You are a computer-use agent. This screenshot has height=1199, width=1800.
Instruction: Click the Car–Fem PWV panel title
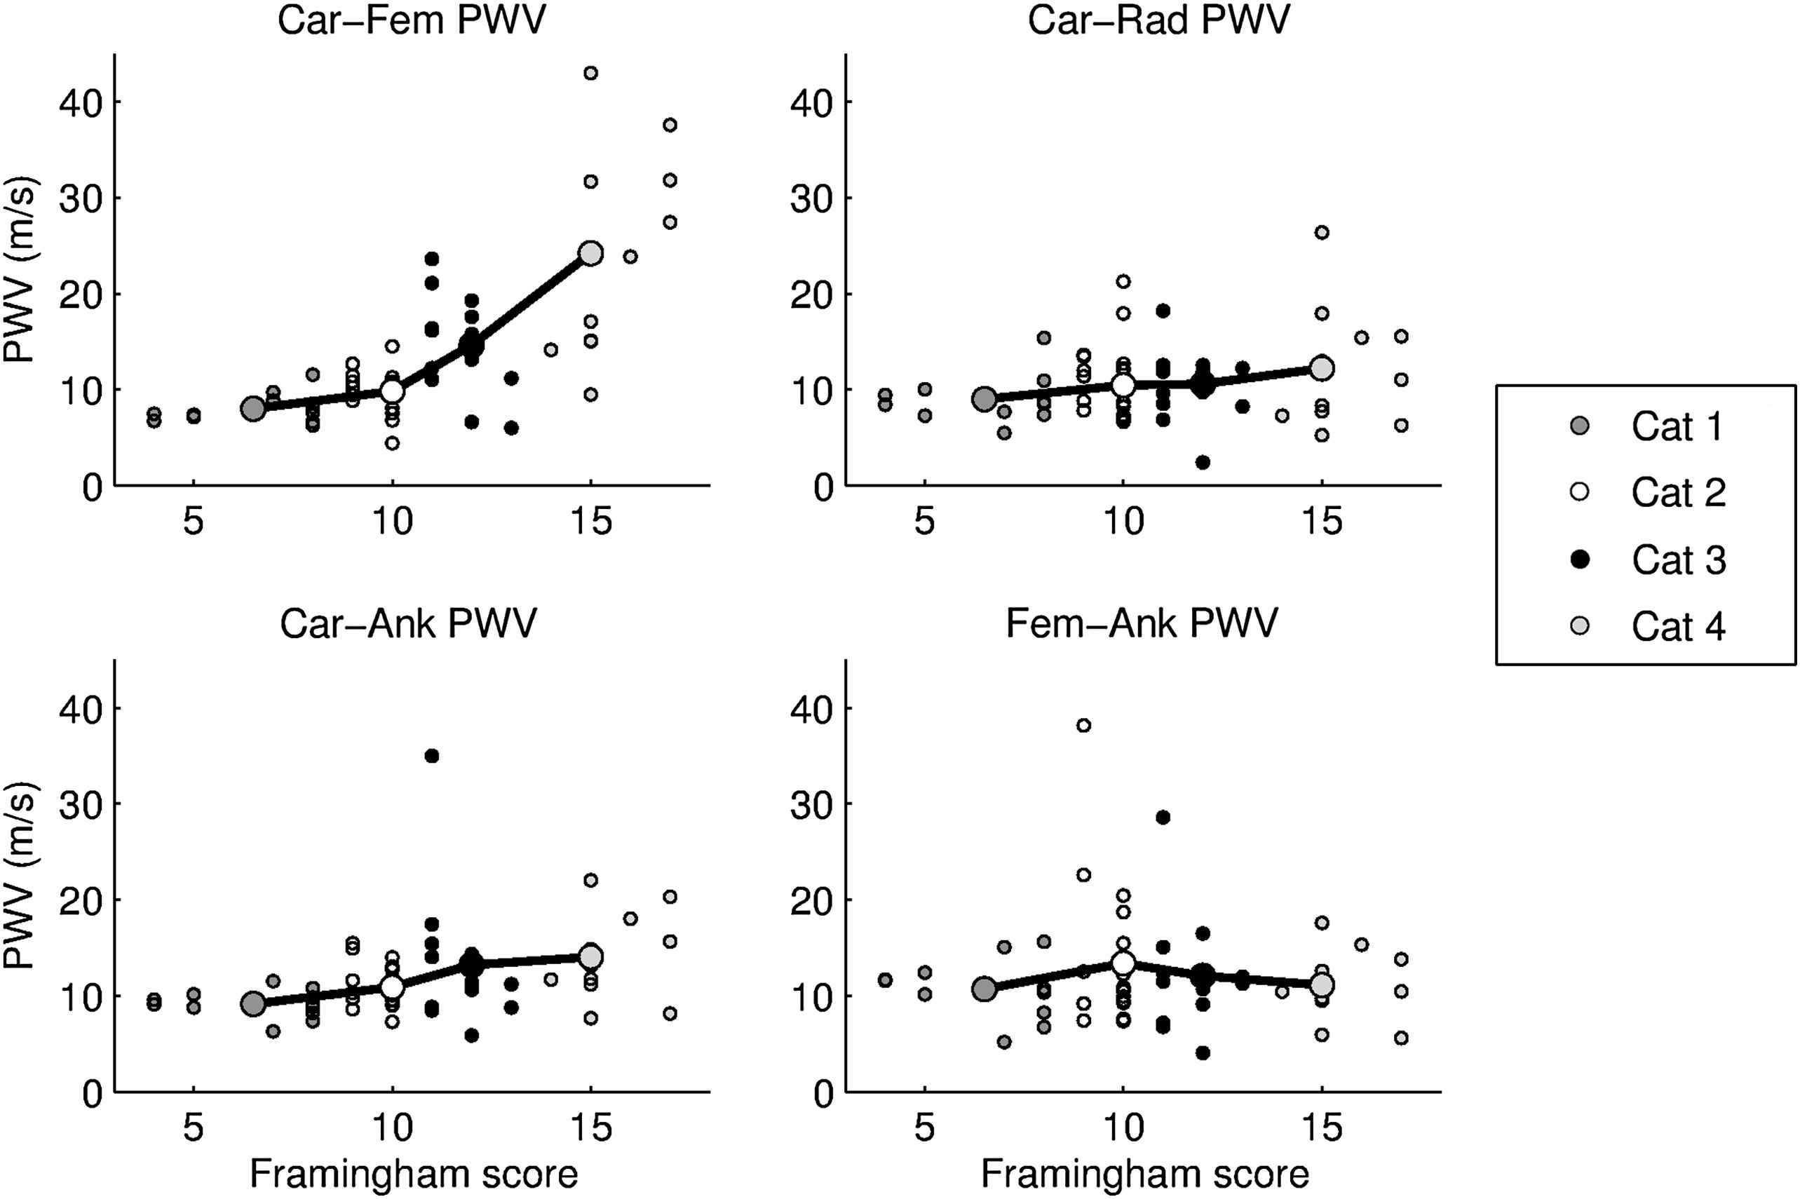pyautogui.click(x=412, y=20)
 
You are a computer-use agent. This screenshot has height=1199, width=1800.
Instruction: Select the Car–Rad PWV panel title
pyautogui.click(x=1158, y=20)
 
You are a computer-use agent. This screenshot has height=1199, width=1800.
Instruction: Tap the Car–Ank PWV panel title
pyautogui.click(x=408, y=623)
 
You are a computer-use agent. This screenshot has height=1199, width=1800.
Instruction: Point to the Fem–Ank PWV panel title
pyautogui.click(x=1142, y=623)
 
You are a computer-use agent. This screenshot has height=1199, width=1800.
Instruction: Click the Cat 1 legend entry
pyautogui.click(x=1644, y=426)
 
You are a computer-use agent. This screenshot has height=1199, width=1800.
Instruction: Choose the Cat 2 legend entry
pyautogui.click(x=1644, y=492)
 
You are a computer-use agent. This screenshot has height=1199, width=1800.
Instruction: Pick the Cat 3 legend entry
pyautogui.click(x=1644, y=560)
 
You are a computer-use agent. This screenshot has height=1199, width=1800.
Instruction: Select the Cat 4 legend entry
pyautogui.click(x=1644, y=626)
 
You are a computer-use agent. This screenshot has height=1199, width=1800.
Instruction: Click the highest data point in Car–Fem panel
pyautogui.click(x=590, y=74)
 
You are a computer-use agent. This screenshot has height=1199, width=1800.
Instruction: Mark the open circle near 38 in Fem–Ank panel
pyautogui.click(x=1083, y=725)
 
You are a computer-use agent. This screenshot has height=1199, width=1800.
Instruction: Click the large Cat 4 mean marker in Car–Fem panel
pyautogui.click(x=590, y=253)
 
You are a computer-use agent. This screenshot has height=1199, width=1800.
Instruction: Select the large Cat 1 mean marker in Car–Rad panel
pyautogui.click(x=984, y=398)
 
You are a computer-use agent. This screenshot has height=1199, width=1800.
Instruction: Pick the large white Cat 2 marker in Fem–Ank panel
pyautogui.click(x=1123, y=963)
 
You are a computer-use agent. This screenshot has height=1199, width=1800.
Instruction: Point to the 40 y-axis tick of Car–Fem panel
pyautogui.click(x=81, y=102)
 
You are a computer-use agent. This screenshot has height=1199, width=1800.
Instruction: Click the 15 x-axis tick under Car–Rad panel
pyautogui.click(x=1322, y=522)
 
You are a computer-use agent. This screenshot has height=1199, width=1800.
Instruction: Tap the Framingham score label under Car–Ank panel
pyautogui.click(x=414, y=1174)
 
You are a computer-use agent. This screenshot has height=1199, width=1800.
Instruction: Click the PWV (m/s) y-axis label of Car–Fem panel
pyautogui.click(x=20, y=269)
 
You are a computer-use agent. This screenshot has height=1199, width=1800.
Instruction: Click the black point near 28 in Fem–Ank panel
pyautogui.click(x=1163, y=818)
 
